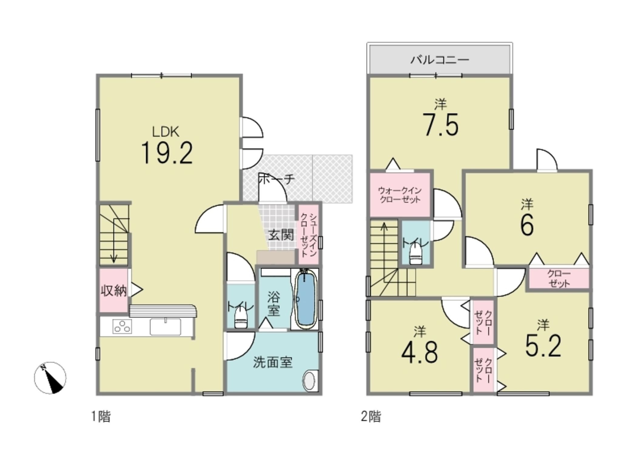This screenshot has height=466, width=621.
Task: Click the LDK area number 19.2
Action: [x=167, y=154]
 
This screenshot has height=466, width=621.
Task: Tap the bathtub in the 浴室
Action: [x=306, y=299]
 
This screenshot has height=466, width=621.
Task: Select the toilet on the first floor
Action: [x=241, y=319]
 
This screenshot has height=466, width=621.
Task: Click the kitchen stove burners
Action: [x=123, y=327]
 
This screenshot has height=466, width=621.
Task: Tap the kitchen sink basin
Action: [x=165, y=327]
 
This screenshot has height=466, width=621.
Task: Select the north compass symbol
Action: [x=50, y=378]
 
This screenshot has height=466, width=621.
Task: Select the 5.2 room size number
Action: [x=543, y=346]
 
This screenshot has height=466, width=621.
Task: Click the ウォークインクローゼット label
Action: [x=400, y=195]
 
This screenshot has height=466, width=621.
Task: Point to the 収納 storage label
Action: [x=114, y=291]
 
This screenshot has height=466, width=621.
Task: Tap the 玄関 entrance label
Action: [x=281, y=235]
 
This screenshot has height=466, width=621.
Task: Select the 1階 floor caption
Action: [x=101, y=416]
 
